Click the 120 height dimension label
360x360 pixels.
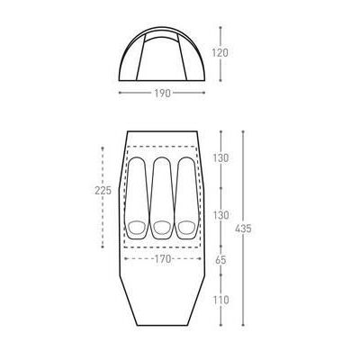pyautogui.click(x=220, y=53)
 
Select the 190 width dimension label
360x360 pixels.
pyautogui.click(x=163, y=94)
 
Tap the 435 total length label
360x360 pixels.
pyautogui.click(x=243, y=229)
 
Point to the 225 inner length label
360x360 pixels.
pyautogui.click(x=103, y=191)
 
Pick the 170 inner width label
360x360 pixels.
pyautogui.click(x=163, y=258)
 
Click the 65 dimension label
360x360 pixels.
pyautogui.click(x=220, y=260)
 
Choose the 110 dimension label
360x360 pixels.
pyautogui.click(x=220, y=300)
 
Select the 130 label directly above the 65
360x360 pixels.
pyautogui.click(x=220, y=215)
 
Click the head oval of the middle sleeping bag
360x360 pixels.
pyautogui.click(x=162, y=228)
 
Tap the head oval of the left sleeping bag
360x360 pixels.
pyautogui.click(x=137, y=228)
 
